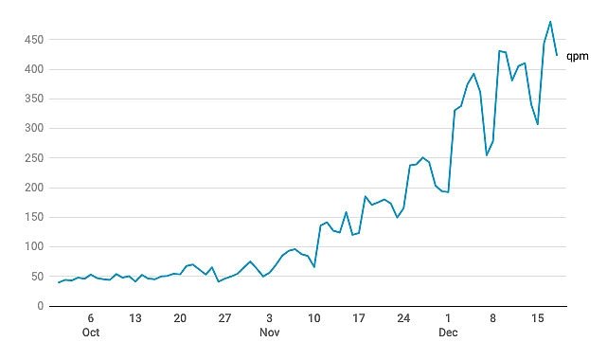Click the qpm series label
[578, 57]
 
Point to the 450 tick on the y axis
[34, 40]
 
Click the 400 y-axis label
[34, 70]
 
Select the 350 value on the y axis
[34, 99]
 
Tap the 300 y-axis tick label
[34, 128]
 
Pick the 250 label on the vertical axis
[34, 158]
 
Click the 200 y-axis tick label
[34, 188]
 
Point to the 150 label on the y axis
[34, 217]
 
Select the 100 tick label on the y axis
[34, 246]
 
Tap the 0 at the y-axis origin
[41, 306]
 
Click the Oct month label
[91, 333]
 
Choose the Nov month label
[270, 333]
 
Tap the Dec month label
[448, 333]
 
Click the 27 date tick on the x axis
[224, 318]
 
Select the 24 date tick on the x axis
[403, 318]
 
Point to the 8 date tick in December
[492, 318]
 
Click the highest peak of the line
[550, 21]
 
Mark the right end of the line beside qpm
[557, 55]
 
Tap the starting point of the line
[59, 282]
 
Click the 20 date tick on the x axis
[180, 318]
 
